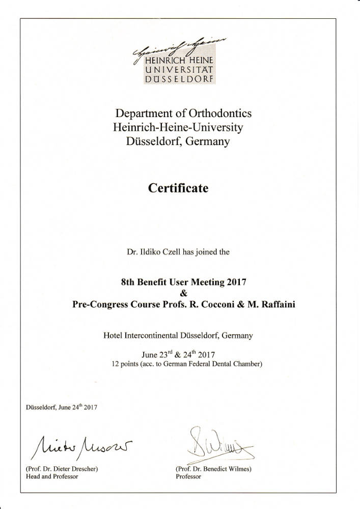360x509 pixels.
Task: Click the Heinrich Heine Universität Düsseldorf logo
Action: tap(179, 61)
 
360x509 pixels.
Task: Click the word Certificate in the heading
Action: tap(178, 188)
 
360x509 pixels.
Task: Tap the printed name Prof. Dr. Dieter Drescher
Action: tap(62, 468)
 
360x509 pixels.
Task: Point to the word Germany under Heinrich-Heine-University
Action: tap(208, 142)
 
